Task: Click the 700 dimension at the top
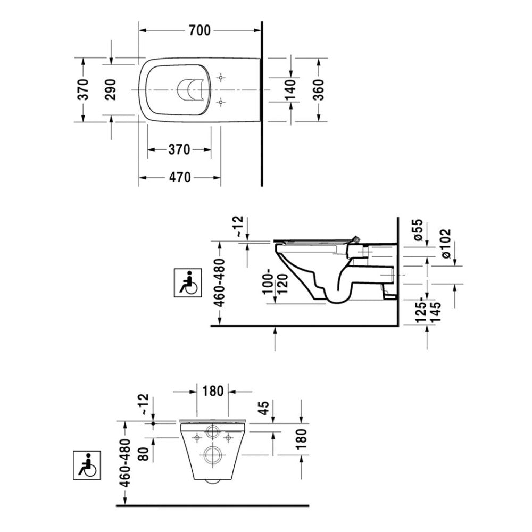click(x=199, y=31)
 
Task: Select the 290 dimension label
click(x=110, y=89)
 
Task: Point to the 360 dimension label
click(x=318, y=89)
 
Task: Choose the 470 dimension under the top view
click(x=180, y=178)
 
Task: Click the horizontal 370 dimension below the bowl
click(x=180, y=150)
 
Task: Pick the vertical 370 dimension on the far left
click(x=82, y=89)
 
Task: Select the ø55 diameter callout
click(x=418, y=230)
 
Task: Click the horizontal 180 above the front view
click(x=213, y=391)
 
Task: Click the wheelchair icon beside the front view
click(x=86, y=464)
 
